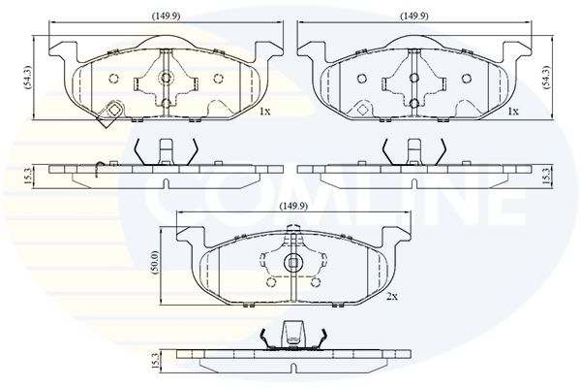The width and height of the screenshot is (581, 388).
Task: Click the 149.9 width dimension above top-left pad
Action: [x=166, y=16]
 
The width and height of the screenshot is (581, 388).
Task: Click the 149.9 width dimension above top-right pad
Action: [x=414, y=16]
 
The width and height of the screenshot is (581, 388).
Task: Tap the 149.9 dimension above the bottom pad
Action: [x=293, y=206]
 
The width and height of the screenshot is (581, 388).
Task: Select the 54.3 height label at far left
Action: [x=28, y=78]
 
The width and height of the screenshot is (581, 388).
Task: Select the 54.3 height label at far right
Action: [x=546, y=78]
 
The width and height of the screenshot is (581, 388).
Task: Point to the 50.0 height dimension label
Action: [x=155, y=262]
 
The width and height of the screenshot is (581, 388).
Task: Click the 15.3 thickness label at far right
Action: [x=546, y=176]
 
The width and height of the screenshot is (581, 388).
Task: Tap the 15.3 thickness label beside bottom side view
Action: [x=155, y=361]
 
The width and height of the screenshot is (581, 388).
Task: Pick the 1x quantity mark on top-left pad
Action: [x=265, y=111]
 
